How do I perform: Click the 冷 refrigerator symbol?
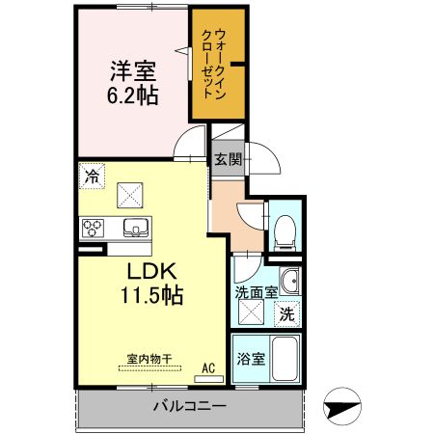[x=91, y=177]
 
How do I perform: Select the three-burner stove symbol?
[x=94, y=229]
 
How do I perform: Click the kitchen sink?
[x=136, y=229]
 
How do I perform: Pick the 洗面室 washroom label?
[x=257, y=291]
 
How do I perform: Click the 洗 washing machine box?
[x=286, y=312]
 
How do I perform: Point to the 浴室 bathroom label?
[x=251, y=360]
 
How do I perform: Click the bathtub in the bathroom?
[x=286, y=361]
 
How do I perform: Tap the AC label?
[x=208, y=367]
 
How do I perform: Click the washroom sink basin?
[x=291, y=283]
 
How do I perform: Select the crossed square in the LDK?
[x=130, y=194]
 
